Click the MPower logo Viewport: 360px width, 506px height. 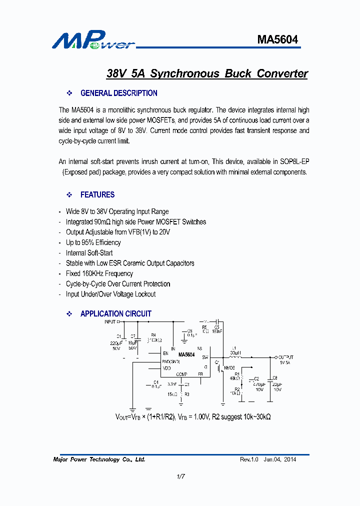93,40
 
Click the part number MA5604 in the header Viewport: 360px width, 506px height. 277,39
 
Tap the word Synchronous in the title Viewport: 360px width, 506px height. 184,74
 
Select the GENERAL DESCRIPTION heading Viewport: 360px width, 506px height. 118,93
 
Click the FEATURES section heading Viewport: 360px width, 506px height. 97,194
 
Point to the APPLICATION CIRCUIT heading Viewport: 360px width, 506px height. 115,314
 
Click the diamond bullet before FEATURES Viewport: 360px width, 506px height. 70,194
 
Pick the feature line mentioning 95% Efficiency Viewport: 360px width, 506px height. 93,242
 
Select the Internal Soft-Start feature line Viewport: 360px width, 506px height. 89,253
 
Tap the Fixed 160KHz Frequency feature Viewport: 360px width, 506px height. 99,273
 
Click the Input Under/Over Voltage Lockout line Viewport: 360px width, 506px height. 110,294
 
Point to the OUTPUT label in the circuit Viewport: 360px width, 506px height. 285,357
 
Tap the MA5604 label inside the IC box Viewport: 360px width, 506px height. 186,355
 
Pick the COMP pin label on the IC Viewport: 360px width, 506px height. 181,374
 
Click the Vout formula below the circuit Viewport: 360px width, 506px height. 193,417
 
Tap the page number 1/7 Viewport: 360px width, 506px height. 180,476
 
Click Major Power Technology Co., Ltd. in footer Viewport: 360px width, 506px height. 99,459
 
